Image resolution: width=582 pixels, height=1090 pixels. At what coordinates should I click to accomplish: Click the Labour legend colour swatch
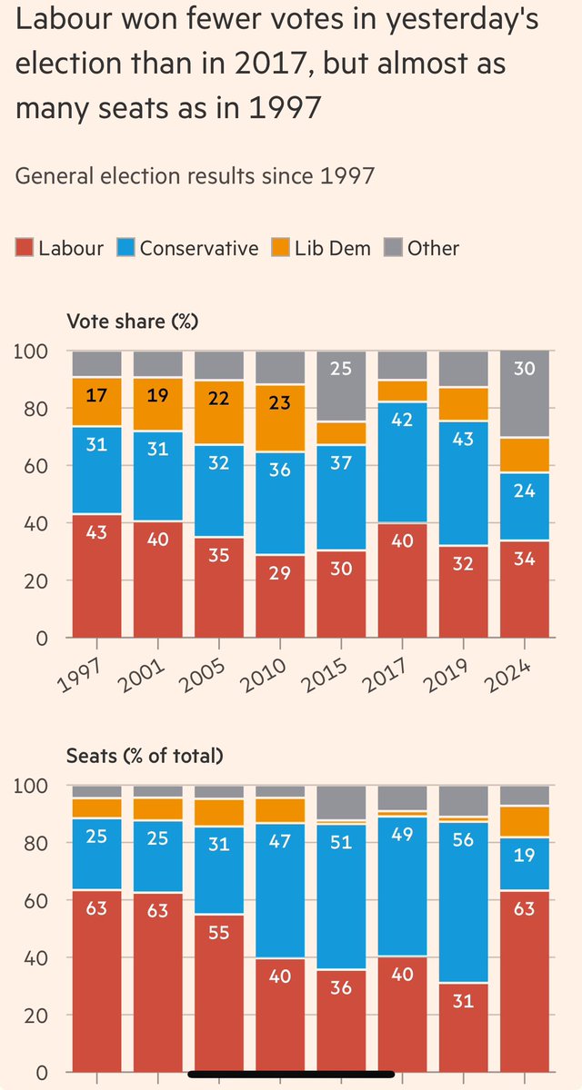24,248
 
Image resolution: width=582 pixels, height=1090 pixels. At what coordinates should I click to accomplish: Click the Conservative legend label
198,248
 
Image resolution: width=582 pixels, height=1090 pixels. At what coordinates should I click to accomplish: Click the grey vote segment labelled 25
342,370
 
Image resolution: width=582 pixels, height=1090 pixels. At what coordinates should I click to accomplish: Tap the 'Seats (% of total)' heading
145,755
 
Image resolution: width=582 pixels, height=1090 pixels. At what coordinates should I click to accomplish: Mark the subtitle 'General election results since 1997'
195,174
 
